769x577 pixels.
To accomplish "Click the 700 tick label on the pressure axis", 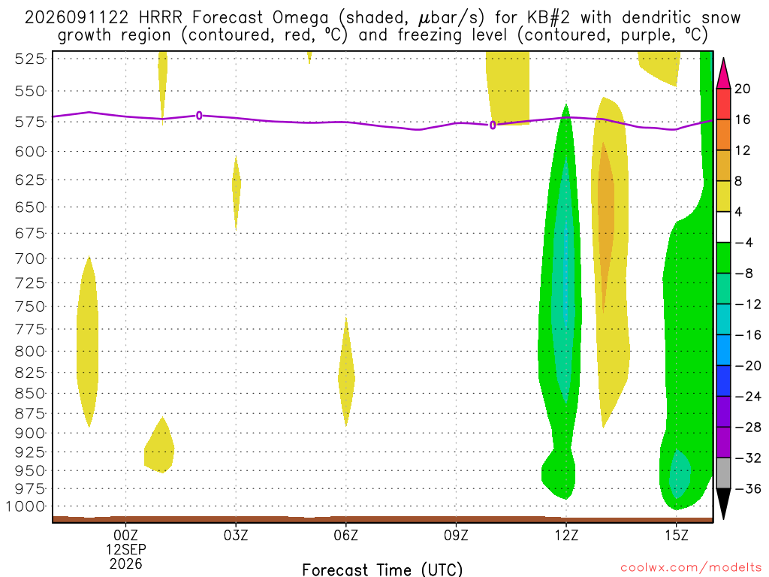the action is point(30,258).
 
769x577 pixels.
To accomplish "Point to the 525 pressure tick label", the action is point(30,59).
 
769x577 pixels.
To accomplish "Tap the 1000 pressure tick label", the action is point(26,506).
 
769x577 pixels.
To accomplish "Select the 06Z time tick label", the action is point(346,535).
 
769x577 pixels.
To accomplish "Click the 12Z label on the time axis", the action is point(566,535).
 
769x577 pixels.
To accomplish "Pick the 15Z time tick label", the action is point(677,535).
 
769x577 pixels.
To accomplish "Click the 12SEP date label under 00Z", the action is point(126,549).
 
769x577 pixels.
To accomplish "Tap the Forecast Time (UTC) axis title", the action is point(382,569).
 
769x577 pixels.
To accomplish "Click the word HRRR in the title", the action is point(161,18).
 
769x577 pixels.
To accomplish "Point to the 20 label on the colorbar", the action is point(743,89).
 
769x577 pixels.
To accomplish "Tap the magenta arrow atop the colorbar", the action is point(723,74).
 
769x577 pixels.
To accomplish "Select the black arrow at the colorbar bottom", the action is point(723,503).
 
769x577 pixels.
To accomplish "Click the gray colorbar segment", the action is point(723,473).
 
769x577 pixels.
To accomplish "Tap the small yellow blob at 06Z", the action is point(346,372).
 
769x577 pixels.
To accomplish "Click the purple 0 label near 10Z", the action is point(493,125).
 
